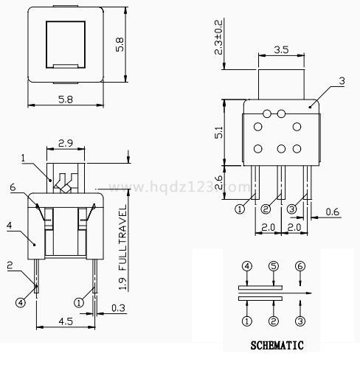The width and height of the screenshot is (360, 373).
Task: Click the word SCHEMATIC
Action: [277, 345]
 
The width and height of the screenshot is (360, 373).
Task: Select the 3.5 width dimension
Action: [281, 49]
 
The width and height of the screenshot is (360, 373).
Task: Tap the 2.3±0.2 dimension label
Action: [218, 37]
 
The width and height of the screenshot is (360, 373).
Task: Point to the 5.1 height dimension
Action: [218, 132]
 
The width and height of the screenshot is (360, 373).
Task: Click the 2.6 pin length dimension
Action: [218, 182]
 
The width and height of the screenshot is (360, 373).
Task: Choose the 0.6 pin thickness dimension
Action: [332, 212]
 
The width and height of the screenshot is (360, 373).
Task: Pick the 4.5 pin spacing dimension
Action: [66, 321]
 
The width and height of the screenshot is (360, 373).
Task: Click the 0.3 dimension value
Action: [118, 308]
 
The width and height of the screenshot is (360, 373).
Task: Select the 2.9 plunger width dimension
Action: [66, 143]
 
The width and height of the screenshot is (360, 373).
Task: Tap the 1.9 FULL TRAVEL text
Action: [123, 247]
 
